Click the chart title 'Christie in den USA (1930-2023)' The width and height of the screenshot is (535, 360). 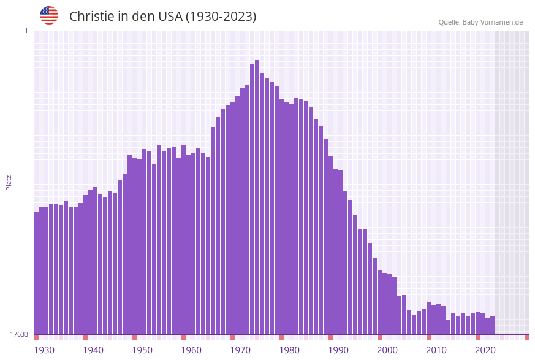point(162,17)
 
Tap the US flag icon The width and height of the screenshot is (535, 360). point(49,15)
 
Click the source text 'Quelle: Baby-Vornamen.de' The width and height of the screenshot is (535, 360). point(480,22)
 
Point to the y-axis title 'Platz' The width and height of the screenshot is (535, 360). point(9,182)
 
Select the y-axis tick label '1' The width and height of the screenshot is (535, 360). point(26,31)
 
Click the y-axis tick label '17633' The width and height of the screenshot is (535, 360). point(19,334)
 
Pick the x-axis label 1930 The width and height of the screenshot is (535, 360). point(44,350)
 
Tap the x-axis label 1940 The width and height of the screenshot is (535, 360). point(93,350)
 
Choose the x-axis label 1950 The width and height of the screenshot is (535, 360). point(142,350)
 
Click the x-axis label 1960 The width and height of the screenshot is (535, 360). point(191,350)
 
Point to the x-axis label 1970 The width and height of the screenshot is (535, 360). point(240,350)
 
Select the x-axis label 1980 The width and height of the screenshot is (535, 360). point(289,350)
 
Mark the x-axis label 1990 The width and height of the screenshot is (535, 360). point(338,350)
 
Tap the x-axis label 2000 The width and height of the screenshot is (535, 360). point(387,350)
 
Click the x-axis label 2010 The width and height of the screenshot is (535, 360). point(436,350)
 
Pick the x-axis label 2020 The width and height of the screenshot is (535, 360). point(485,350)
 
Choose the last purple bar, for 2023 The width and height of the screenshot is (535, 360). point(493,326)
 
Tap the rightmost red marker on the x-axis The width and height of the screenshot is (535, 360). point(526,337)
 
